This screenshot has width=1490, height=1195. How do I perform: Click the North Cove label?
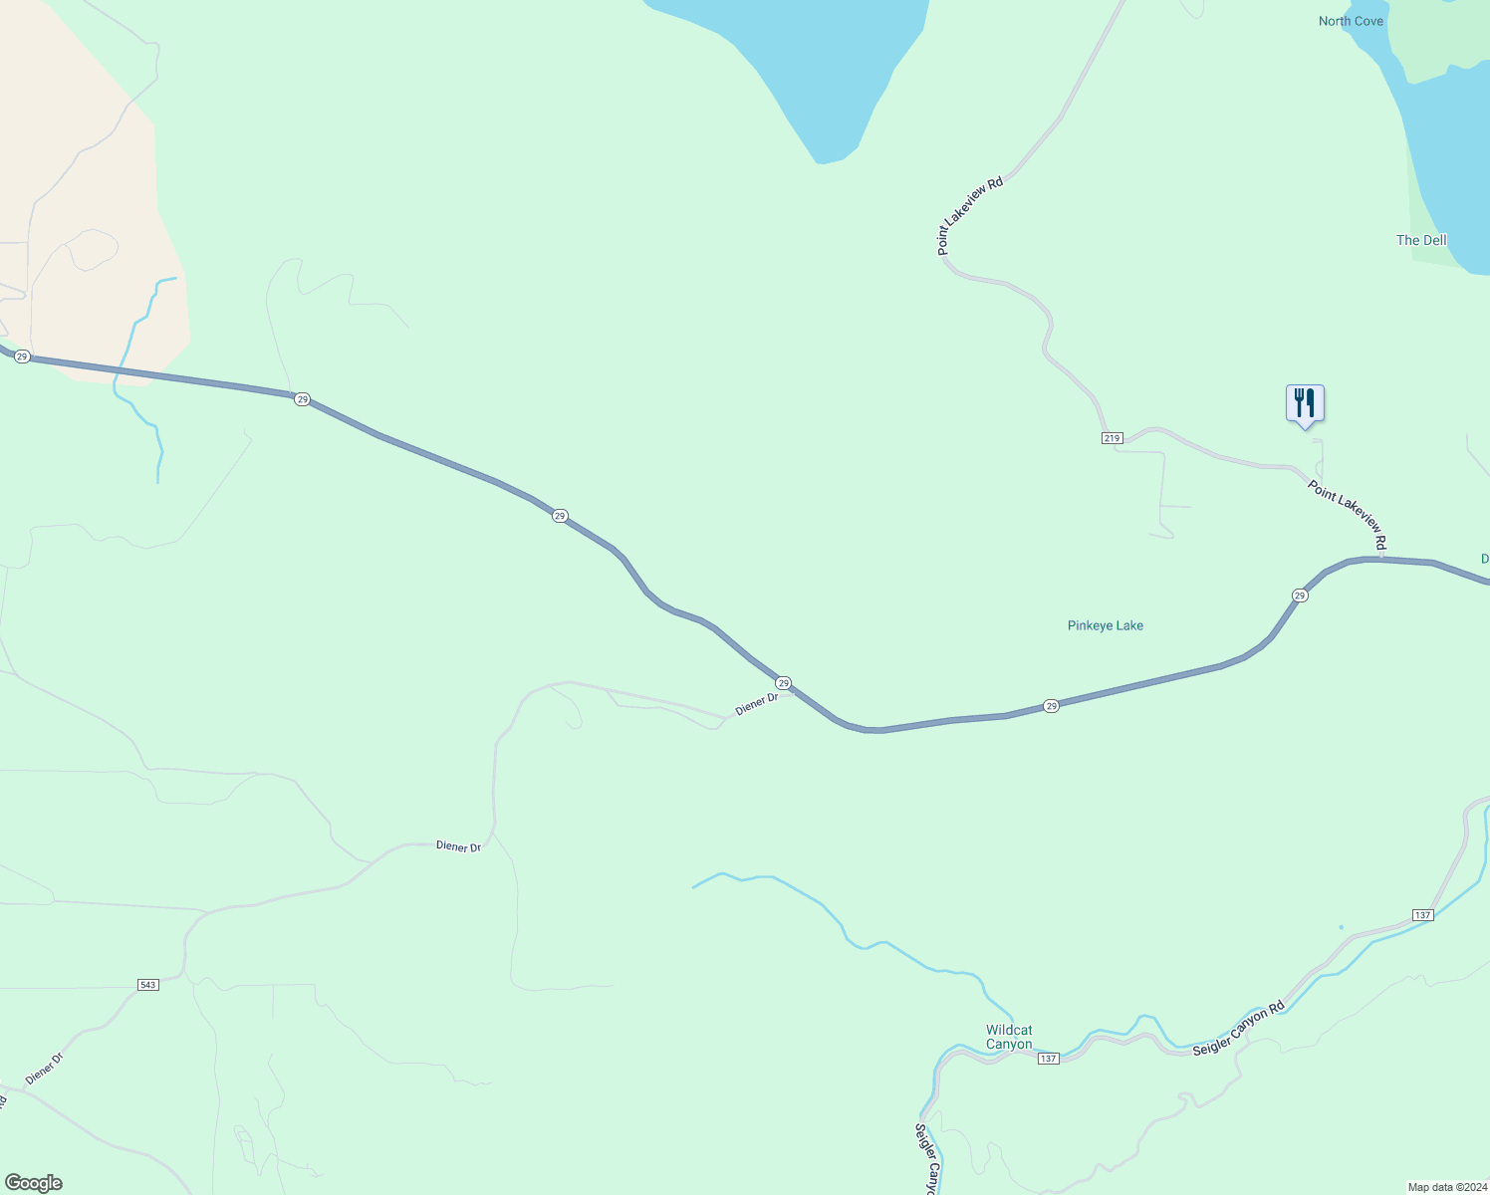point(1351,21)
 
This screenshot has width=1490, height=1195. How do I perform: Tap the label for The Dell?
point(1421,240)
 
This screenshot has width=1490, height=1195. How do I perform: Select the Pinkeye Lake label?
point(1105,625)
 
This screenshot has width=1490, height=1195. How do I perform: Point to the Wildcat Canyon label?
point(1009,1037)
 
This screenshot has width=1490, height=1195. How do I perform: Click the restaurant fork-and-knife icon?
point(1305,403)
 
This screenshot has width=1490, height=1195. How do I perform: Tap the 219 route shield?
point(1113,438)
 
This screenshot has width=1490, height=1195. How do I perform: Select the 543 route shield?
point(148,985)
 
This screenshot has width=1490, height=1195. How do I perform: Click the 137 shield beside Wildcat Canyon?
point(1048,1059)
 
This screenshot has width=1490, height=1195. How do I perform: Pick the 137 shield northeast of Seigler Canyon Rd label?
point(1422,915)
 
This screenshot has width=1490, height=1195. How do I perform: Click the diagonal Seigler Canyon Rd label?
point(1238,1029)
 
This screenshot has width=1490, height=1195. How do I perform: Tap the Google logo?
point(34,1183)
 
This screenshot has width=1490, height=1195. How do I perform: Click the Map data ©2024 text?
point(1446,1187)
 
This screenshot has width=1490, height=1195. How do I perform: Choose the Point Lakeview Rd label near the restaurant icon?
point(1348,515)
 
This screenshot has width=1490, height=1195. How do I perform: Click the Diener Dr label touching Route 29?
point(756,704)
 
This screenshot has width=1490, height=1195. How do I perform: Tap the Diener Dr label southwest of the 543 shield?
point(44,1068)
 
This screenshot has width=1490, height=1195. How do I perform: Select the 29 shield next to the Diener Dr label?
point(784,683)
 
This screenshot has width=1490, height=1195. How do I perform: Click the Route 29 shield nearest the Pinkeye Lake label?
point(1052,706)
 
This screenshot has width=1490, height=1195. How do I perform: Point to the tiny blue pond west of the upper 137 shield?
point(1341,927)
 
